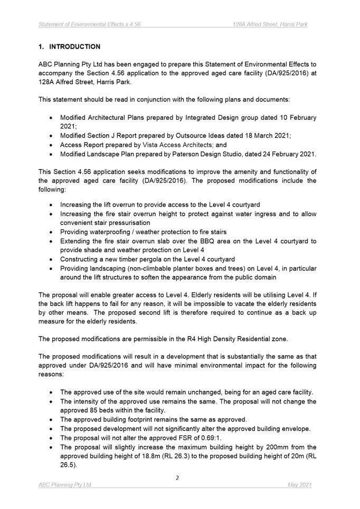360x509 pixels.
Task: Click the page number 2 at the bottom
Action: click(177, 478)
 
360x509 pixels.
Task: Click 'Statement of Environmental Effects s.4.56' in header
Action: click(89, 24)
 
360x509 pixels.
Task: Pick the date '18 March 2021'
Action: click(266, 136)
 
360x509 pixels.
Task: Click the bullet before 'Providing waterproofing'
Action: click(50, 232)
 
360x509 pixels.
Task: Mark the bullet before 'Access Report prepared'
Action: click(50, 145)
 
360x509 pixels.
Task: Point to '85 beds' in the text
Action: click(104, 410)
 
